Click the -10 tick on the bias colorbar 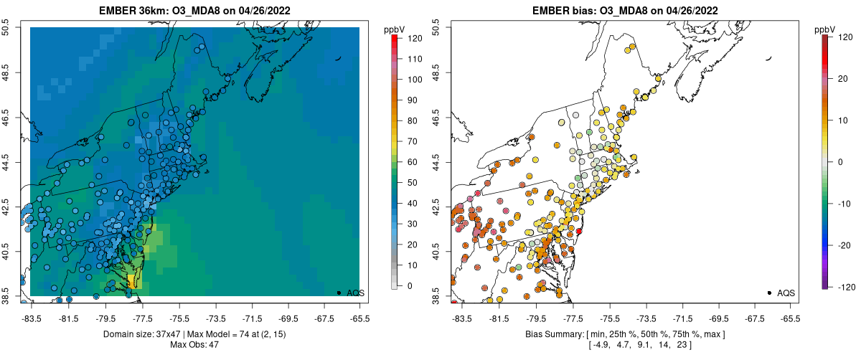click(x=842, y=203)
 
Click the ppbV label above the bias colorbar click(x=826, y=29)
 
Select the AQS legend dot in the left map click(x=339, y=293)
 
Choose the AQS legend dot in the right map click(x=769, y=293)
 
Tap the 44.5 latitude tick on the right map click(x=444, y=162)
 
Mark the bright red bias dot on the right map click(x=578, y=231)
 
